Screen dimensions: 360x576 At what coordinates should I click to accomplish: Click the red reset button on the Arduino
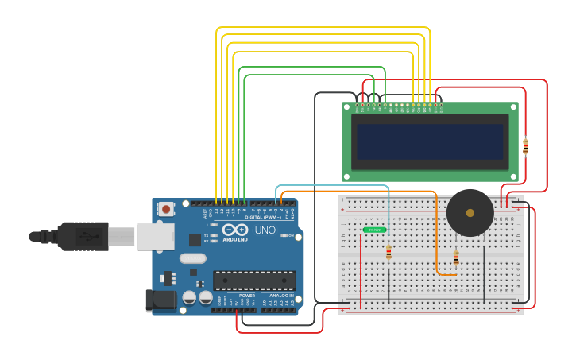click(166, 209)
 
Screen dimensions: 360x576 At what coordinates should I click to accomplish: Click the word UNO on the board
click(265, 230)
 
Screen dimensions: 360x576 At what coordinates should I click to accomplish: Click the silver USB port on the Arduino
click(156, 236)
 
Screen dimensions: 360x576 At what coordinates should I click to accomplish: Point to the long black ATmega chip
click(254, 280)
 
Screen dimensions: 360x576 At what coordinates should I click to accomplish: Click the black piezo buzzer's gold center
click(470, 213)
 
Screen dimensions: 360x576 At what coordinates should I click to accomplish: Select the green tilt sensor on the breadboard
click(374, 230)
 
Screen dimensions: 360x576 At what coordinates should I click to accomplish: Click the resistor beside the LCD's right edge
click(525, 146)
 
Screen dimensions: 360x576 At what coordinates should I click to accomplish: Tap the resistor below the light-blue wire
click(389, 253)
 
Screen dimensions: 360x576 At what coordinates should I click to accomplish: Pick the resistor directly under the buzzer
click(456, 257)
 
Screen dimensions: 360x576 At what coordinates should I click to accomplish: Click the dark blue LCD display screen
click(430, 141)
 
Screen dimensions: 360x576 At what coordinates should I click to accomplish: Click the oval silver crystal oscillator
click(192, 258)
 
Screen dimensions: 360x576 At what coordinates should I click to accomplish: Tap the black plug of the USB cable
click(83, 236)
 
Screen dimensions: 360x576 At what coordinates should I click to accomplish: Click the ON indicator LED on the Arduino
click(282, 235)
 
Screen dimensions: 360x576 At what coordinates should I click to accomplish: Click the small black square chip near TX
click(195, 239)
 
